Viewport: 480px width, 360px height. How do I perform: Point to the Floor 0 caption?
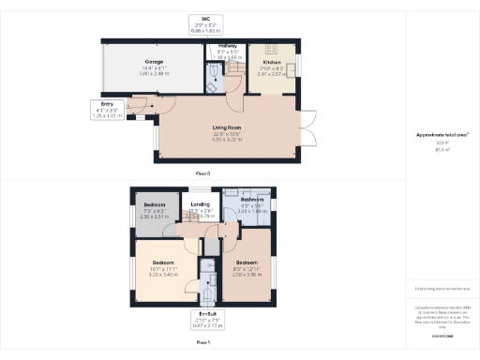(x=202, y=173)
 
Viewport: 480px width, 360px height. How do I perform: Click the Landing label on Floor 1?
(x=200, y=203)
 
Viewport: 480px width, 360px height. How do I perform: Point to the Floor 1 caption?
(x=202, y=343)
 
